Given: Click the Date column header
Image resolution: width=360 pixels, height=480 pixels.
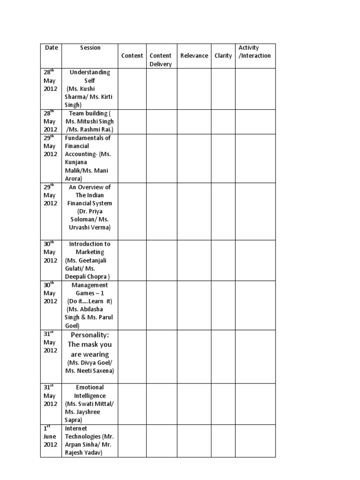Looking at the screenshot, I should pos(51,48).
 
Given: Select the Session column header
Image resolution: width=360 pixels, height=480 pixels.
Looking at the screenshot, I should pos(90,48).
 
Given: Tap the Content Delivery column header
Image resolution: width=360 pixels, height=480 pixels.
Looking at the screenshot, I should pos(160,60).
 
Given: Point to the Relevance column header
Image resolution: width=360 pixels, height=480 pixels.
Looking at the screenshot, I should pos(194,56).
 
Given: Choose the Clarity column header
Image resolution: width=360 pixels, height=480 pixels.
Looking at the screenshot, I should pos(223,56).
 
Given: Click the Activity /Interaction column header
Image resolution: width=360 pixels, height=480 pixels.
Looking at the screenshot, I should pos(255,52).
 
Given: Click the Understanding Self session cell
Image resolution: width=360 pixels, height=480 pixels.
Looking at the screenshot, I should pos(90,89).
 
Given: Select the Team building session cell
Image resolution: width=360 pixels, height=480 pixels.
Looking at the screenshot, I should pos(90,121).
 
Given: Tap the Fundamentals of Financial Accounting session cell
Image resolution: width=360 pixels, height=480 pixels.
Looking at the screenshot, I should pos(90,158).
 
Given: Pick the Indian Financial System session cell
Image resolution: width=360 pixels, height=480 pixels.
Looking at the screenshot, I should pos(90,207).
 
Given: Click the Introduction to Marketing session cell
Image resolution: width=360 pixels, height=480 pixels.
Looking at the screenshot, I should pos(90,260).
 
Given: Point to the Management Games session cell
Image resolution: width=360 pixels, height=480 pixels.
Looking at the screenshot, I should pos(90,305).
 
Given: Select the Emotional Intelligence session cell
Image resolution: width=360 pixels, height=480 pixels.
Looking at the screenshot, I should pos(90,404).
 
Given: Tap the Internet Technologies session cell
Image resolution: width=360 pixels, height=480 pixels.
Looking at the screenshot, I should pos(90,441).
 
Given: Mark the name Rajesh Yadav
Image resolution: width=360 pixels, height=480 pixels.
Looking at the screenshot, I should pos(86,453).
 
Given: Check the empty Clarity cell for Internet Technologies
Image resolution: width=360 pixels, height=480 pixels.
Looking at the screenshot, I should pos(223,441).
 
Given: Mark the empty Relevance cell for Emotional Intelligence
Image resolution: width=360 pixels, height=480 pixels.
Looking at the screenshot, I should pos(194,404).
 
